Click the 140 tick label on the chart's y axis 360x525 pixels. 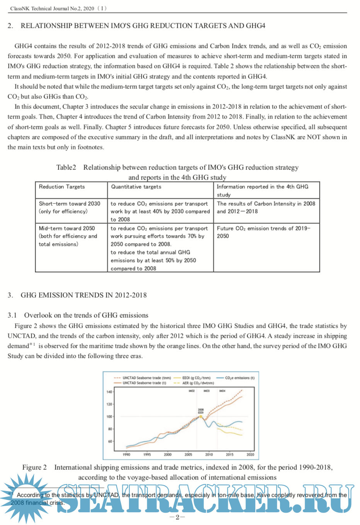[x=109, y=392]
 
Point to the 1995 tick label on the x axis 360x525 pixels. [x=147, y=454]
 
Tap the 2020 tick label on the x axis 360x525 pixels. [x=250, y=454]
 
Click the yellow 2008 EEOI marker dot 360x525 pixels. [x=200, y=417]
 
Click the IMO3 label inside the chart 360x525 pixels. [x=207, y=391]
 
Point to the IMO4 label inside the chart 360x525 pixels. [x=222, y=391]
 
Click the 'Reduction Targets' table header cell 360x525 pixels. [x=62, y=187]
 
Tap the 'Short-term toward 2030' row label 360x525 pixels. [x=70, y=203]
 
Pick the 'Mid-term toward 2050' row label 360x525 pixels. [x=67, y=228]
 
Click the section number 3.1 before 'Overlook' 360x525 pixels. [x=12, y=315]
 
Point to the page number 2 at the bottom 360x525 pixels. [x=177, y=517]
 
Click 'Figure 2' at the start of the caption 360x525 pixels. [x=34, y=467]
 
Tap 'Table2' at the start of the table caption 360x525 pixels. [x=66, y=167]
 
